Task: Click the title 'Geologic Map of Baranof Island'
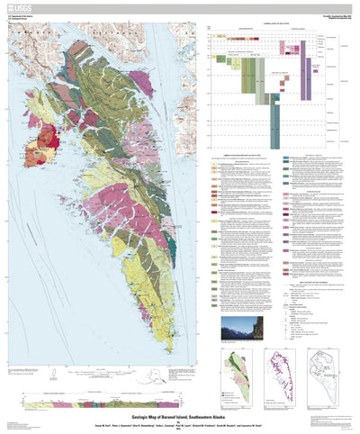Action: point(180,408)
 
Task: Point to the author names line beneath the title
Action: point(180,415)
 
